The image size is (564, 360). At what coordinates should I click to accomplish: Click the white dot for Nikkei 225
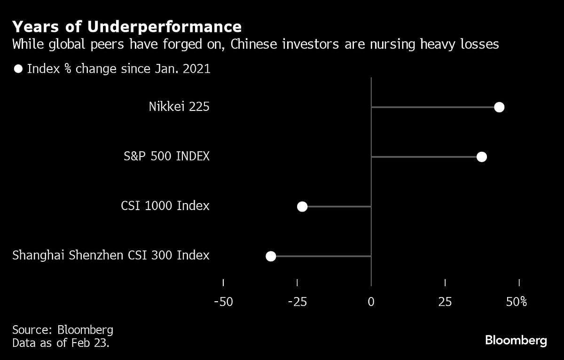[499, 107]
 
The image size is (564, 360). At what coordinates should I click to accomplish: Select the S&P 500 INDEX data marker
[481, 157]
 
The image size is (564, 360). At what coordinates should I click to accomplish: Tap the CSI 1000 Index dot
[302, 206]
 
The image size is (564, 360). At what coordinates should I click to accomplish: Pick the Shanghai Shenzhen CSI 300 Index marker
[271, 256]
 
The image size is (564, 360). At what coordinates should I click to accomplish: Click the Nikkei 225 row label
[179, 107]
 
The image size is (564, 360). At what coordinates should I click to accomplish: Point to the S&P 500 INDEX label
[166, 157]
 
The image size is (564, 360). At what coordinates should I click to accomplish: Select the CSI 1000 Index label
[165, 206]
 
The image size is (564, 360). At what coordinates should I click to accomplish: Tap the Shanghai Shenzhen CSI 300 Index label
[111, 256]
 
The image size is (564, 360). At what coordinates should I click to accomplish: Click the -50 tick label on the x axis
[223, 302]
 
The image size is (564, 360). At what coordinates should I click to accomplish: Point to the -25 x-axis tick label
[297, 302]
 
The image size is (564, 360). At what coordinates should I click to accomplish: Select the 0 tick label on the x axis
[371, 302]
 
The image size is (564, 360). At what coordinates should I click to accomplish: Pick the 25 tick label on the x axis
[445, 302]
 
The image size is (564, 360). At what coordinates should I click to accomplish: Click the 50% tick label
[517, 302]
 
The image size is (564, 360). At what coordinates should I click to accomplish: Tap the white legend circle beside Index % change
[18, 69]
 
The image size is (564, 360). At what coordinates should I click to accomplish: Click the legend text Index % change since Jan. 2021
[118, 69]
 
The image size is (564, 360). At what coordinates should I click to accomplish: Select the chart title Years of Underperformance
[127, 26]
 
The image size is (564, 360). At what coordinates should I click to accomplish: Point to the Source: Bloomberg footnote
[63, 329]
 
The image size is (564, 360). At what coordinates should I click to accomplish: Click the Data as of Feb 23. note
[61, 343]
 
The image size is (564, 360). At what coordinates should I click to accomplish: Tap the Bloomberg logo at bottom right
[516, 340]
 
